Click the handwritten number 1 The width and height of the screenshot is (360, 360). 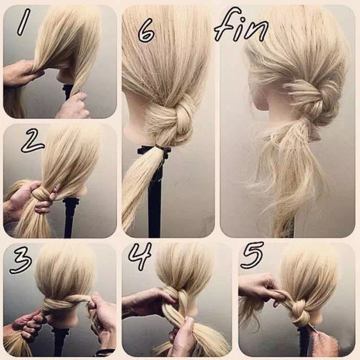24,22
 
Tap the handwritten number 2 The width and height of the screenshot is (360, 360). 32,140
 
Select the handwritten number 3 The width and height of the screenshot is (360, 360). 21,261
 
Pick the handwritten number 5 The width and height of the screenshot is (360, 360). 252,255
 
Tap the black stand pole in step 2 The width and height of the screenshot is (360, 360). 69,218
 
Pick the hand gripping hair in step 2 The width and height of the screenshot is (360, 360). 28,200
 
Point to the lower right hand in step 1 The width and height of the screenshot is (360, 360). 76,106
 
